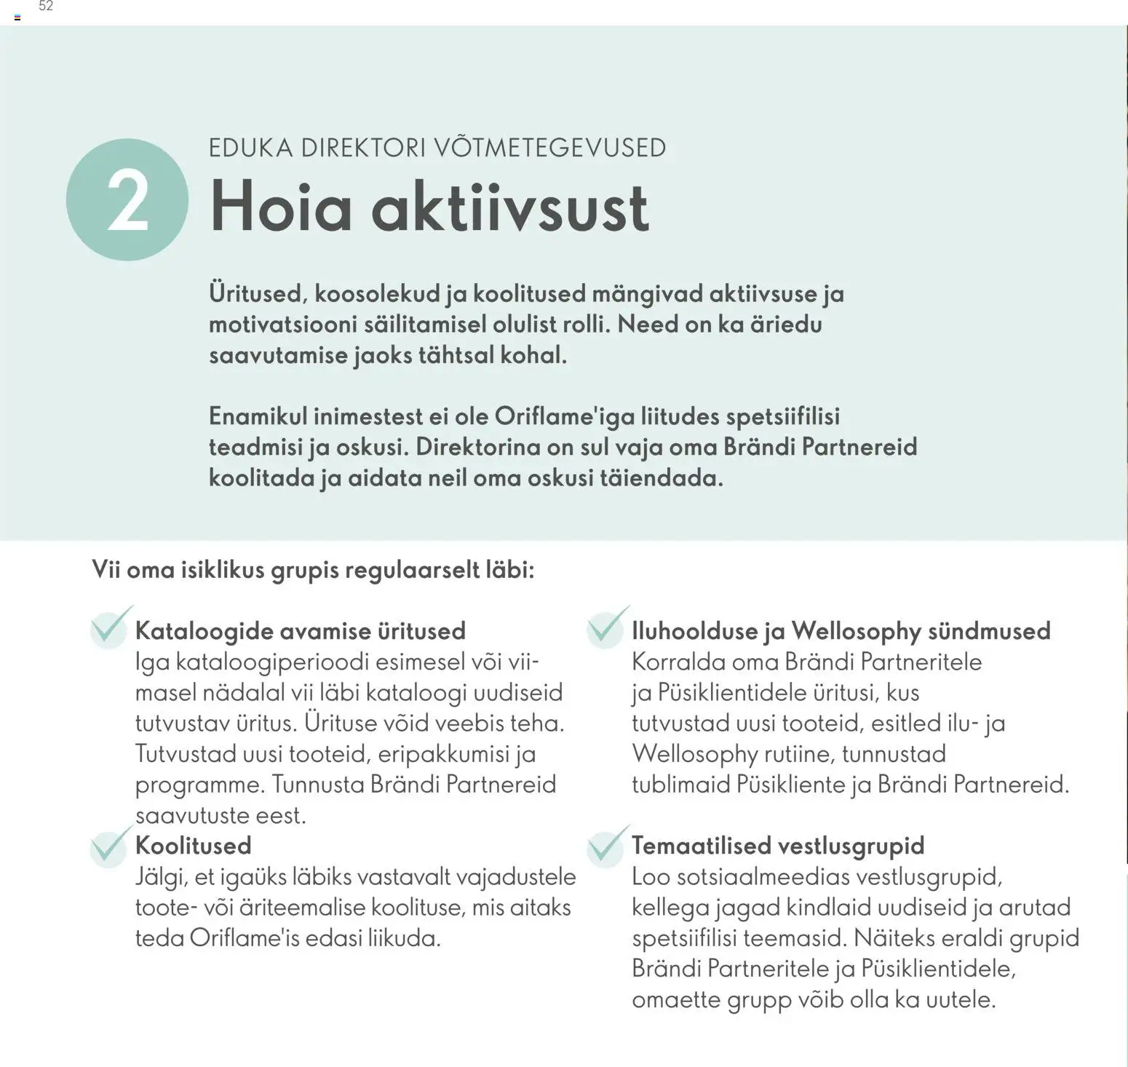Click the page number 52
point(46,7)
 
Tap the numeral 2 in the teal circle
point(127,202)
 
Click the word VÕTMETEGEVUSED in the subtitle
point(550,148)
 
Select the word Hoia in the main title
point(281,207)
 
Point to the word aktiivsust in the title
point(510,207)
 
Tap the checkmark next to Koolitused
point(111,846)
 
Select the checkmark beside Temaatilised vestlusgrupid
point(607,846)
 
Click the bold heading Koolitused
point(194,846)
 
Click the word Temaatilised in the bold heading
point(699,846)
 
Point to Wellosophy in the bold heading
point(856,631)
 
